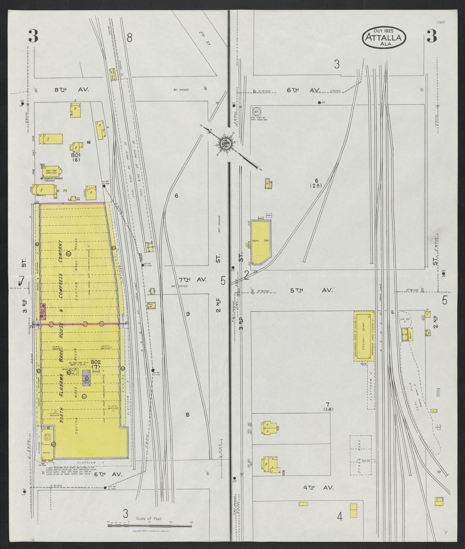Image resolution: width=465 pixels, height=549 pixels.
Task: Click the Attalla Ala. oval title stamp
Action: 384,38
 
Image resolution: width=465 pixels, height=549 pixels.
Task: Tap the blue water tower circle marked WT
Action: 256,112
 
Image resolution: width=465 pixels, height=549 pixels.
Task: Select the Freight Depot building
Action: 364,336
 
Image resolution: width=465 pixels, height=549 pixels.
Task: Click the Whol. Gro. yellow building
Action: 260,241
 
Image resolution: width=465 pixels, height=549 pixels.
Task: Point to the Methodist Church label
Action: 51,178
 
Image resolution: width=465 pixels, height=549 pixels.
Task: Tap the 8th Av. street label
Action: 67,90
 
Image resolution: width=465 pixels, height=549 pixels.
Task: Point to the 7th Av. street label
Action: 188,280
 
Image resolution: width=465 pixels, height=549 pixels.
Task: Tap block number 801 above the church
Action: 76,155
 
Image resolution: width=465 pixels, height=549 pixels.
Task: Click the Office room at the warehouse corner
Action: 46,452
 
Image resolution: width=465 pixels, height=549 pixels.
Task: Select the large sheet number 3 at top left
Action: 33,36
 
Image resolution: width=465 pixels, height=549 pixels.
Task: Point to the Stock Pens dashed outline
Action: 360,455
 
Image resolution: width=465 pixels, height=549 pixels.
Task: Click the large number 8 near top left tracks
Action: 129,38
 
